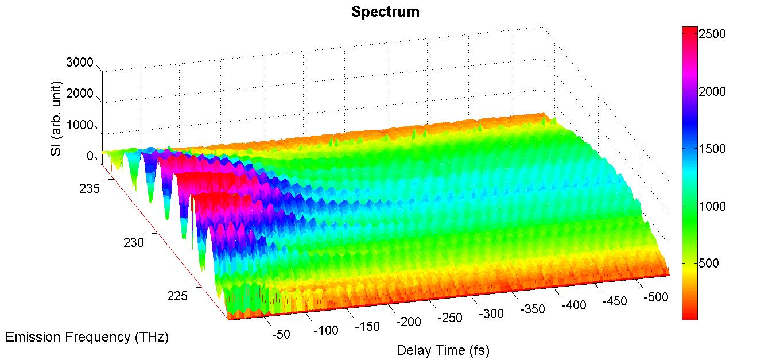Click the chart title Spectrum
(x=385, y=11)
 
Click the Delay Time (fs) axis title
(x=443, y=350)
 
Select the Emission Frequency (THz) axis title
(x=87, y=337)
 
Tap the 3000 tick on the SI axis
(x=80, y=63)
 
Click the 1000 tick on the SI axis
(x=80, y=125)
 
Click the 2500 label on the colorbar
(x=712, y=34)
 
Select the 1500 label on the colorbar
(x=712, y=149)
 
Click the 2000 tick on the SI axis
(x=80, y=94)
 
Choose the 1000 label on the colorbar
(x=712, y=206)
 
